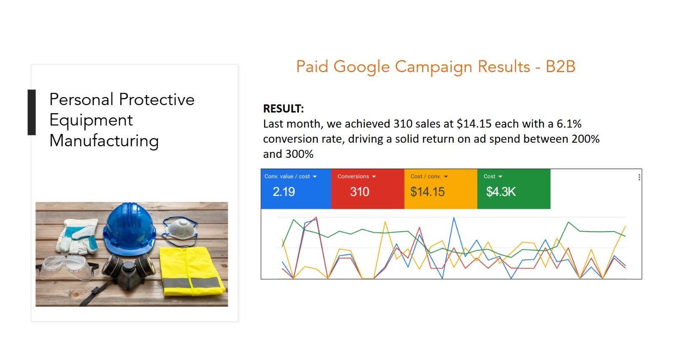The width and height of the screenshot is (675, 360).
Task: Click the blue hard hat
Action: pyautogui.click(x=130, y=229)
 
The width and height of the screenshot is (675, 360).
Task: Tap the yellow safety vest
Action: pyautogui.click(x=192, y=271)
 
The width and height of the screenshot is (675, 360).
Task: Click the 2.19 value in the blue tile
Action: pyautogui.click(x=283, y=192)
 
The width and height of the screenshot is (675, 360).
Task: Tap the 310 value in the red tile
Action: pyautogui.click(x=359, y=192)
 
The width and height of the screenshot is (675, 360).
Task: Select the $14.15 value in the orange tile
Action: pyautogui.click(x=427, y=192)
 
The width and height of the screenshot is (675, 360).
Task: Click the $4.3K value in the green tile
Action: pyautogui.click(x=501, y=192)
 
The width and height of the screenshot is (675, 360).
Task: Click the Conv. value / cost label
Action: pyautogui.click(x=287, y=176)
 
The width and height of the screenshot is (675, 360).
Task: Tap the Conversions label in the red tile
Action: pyautogui.click(x=353, y=176)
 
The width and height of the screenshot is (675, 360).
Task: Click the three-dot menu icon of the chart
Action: pyautogui.click(x=639, y=177)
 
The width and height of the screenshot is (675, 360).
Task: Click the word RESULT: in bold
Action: pyautogui.click(x=283, y=108)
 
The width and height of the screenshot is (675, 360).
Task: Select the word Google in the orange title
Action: pyautogui.click(x=362, y=67)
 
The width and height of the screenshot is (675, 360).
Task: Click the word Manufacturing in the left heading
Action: pyautogui.click(x=104, y=141)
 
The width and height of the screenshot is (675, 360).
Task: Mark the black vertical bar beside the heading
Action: pyautogui.click(x=32, y=112)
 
